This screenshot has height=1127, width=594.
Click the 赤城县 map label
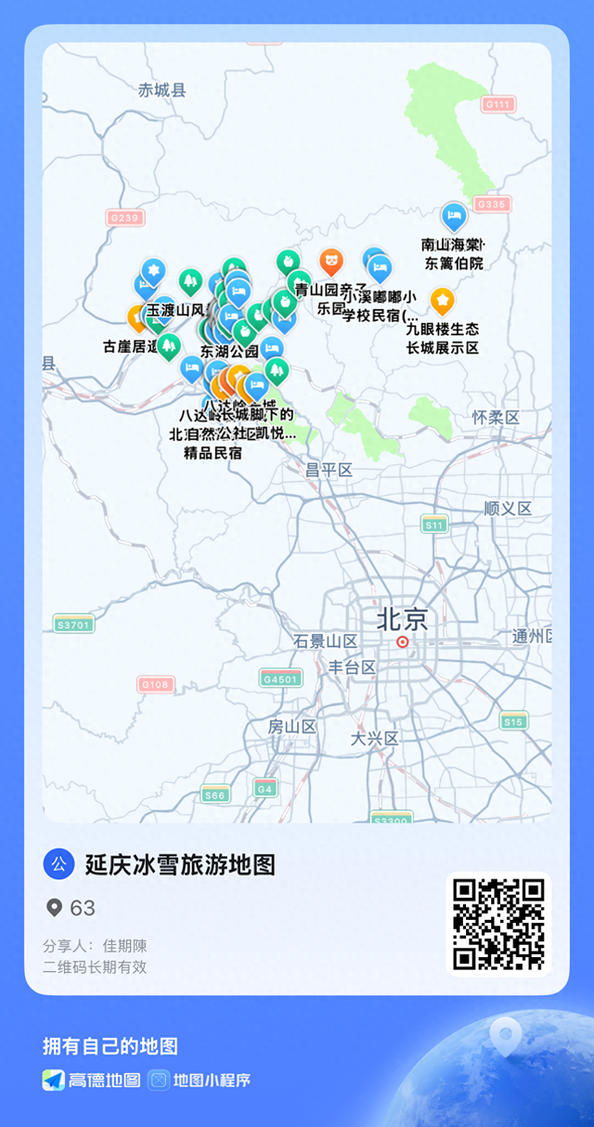point(162,90)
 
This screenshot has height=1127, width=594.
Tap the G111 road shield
point(498,105)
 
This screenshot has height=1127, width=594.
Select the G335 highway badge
point(491,204)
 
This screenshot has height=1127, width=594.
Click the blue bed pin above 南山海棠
point(454,217)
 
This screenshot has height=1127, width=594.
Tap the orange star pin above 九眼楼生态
point(443,300)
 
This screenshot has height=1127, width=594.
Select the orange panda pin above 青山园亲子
point(331,262)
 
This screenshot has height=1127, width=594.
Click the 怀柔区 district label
point(495,418)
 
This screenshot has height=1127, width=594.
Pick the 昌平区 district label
point(329,470)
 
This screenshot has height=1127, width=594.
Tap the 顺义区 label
point(508,509)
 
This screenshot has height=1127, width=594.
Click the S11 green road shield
point(434,525)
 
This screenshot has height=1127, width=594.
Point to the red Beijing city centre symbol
point(402,641)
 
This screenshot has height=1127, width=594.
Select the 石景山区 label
point(325,641)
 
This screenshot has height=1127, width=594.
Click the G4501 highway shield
point(280,679)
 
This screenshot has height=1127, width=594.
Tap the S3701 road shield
point(73,625)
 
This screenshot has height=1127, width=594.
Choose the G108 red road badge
point(155,684)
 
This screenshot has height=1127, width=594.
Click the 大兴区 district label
point(374,739)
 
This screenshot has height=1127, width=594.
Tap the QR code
point(498,924)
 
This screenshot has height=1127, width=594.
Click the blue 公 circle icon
point(58,864)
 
